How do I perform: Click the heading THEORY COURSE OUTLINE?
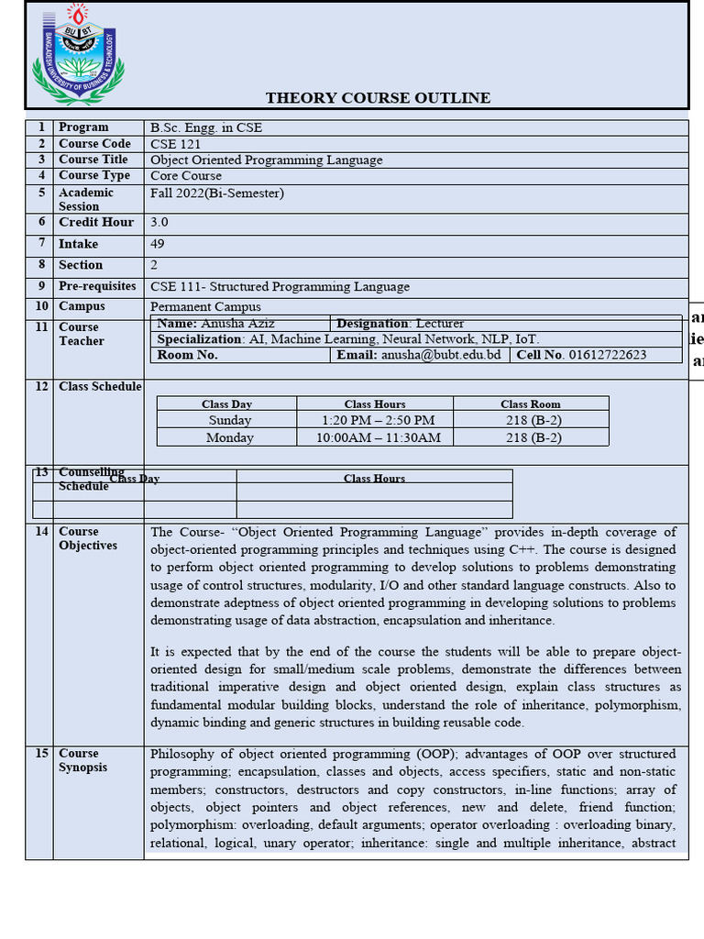click(378, 98)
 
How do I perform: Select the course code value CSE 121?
click(175, 144)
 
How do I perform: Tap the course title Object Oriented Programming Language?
click(266, 160)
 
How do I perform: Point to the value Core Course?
click(186, 175)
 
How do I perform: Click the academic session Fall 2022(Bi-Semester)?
click(217, 193)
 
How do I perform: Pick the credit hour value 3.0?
click(159, 222)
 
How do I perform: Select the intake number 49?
click(158, 244)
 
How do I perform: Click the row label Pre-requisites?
click(97, 286)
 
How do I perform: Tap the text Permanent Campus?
click(205, 306)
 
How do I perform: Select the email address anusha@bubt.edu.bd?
click(441, 355)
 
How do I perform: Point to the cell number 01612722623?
click(607, 355)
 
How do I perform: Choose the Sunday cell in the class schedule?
click(229, 420)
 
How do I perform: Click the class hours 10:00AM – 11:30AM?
click(378, 437)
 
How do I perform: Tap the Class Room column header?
click(530, 403)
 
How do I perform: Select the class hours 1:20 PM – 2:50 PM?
click(378, 420)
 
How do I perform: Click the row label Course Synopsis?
click(82, 760)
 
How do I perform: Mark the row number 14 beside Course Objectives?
click(41, 532)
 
